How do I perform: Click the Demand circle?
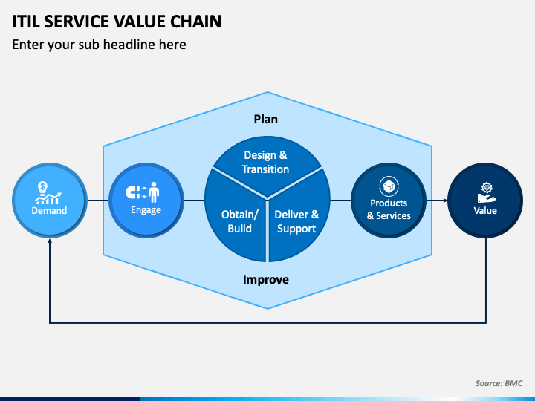(x=50, y=200)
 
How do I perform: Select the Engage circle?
(x=146, y=200)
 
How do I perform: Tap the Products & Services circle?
(x=389, y=200)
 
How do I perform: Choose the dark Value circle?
(x=485, y=200)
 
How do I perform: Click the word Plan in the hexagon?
(x=266, y=120)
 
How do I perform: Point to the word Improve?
(x=266, y=280)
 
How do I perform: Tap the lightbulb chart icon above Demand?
(x=48, y=192)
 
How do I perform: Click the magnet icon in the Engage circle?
(x=132, y=192)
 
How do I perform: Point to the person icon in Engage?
(x=154, y=192)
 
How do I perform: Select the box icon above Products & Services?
(x=389, y=186)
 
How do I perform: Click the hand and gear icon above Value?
(x=486, y=192)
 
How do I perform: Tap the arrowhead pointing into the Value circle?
(x=445, y=200)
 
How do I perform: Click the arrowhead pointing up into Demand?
(x=50, y=241)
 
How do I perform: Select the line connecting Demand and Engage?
(x=98, y=200)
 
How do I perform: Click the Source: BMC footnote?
(x=499, y=383)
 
